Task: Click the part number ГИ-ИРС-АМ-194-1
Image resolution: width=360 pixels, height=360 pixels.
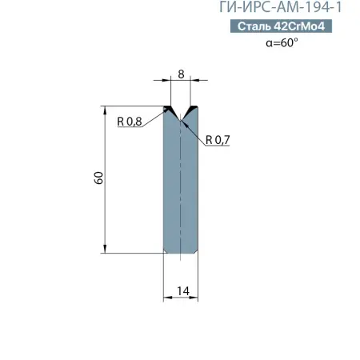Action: point(297,9)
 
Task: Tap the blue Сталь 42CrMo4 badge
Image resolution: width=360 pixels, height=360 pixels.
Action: point(297,27)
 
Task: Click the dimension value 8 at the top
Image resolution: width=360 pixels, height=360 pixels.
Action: point(181,74)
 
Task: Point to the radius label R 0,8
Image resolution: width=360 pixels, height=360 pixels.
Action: point(129,122)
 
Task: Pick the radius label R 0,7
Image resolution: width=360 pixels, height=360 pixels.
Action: point(217,140)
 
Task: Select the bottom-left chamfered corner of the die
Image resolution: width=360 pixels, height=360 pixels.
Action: point(166,251)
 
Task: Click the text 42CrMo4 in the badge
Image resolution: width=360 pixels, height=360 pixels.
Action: point(310,27)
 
